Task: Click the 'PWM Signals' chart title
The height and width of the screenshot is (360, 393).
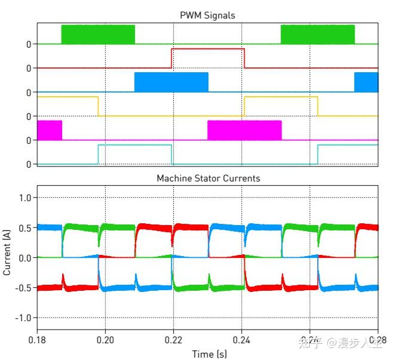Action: [x=207, y=15]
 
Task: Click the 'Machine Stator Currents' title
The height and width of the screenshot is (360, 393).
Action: [x=208, y=178]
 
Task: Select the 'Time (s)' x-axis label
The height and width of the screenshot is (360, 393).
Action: [x=209, y=354]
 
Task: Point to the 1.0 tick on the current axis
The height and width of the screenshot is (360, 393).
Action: [x=26, y=198]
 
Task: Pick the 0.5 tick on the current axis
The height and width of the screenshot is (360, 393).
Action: [x=26, y=227]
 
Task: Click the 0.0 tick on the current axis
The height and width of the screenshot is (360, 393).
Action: [x=26, y=258]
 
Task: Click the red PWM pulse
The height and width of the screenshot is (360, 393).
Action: [x=207, y=58]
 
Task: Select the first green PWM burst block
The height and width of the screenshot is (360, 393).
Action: [x=98, y=34]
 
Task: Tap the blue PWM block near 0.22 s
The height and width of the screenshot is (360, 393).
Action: [x=171, y=82]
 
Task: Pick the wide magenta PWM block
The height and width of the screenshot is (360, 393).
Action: [x=244, y=130]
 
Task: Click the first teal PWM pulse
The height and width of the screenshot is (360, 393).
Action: [x=134, y=153]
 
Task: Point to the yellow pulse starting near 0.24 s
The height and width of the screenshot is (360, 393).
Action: [x=281, y=106]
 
